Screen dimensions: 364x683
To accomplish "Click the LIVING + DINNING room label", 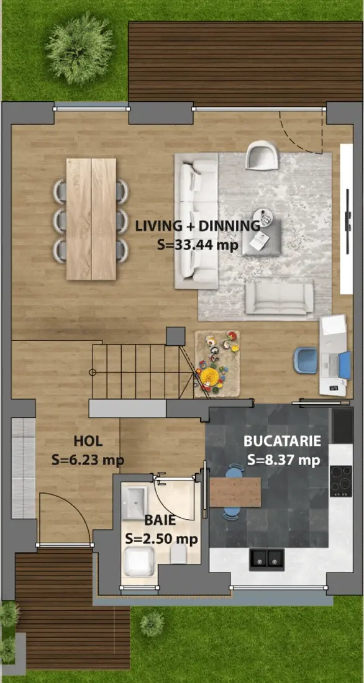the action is point(198,226).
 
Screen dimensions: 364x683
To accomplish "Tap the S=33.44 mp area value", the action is point(198,245).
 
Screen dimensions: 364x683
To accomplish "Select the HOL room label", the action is point(88,441).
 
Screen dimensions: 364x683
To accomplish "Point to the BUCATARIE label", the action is point(283,441).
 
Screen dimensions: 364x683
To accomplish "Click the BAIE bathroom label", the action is point(160,520).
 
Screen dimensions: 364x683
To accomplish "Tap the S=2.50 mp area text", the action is point(162,539).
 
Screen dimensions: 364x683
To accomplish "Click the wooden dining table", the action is point(91,219).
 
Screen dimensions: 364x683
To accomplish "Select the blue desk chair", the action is point(305,360).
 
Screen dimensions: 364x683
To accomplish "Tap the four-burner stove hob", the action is point(341,481).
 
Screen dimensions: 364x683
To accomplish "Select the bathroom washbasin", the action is point(134,503).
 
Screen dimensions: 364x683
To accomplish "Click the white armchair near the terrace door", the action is point(262,155).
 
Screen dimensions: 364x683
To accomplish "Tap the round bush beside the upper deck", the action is point(79,49).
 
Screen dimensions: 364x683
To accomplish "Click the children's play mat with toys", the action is point(217,364).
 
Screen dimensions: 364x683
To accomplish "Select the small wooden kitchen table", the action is point(235,492).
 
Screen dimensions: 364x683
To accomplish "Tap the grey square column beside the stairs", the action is point(176,336).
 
